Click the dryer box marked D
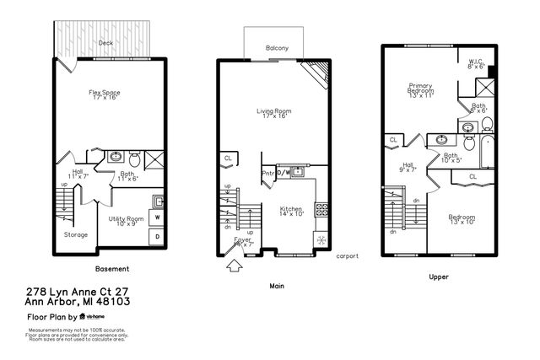click(157, 237)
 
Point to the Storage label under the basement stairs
click(75, 234)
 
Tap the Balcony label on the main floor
click(277, 49)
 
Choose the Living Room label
click(274, 111)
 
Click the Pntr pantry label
click(269, 173)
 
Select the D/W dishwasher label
click(284, 173)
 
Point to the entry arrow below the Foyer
click(235, 267)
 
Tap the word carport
click(348, 255)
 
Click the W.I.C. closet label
click(477, 62)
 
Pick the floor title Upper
click(439, 277)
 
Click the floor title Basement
click(111, 269)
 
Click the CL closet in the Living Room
click(228, 158)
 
